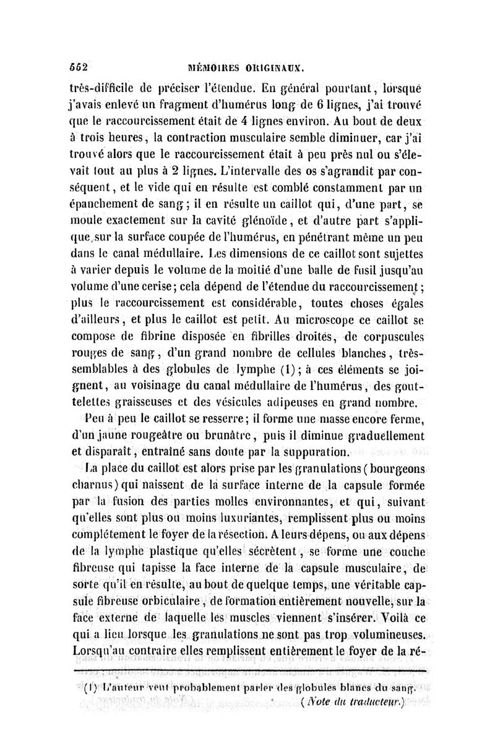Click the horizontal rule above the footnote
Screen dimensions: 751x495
247,670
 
